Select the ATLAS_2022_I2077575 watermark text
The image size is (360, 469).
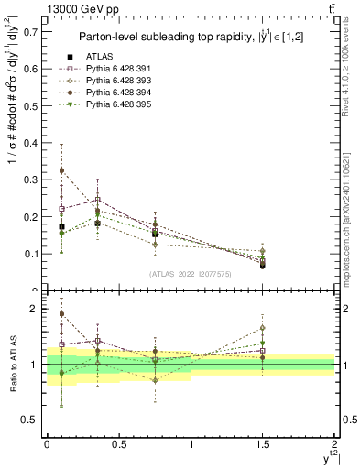[x=191, y=273]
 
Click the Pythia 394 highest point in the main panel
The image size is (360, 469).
[x=61, y=170]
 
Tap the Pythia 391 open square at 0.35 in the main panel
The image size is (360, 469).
[x=97, y=200]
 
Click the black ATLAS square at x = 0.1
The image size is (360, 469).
[x=61, y=226]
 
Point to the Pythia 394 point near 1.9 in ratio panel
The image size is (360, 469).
[x=61, y=314]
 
